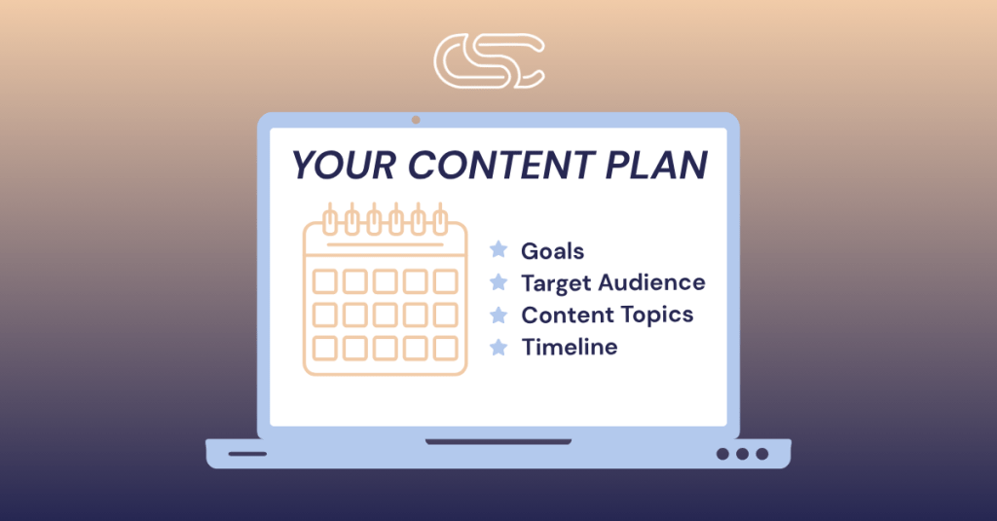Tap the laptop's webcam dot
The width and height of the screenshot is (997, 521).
[416, 120]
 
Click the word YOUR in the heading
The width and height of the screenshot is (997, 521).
[344, 166]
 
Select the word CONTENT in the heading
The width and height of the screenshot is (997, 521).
[501, 166]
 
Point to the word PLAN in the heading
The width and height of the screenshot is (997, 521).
[656, 166]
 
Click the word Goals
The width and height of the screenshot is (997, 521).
[553, 251]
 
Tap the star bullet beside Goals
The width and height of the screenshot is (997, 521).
[498, 249]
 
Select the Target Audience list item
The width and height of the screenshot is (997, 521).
[613, 283]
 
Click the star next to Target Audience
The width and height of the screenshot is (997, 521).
[498, 281]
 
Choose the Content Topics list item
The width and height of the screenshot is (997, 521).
[608, 315]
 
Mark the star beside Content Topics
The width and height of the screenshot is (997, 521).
[498, 315]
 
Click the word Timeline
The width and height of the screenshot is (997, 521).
[570, 348]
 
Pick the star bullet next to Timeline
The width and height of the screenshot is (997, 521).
[498, 347]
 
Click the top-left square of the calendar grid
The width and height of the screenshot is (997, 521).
[325, 281]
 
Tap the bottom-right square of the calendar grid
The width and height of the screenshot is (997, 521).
[445, 349]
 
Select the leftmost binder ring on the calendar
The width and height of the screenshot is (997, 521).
[331, 219]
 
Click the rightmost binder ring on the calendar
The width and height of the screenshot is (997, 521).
[440, 219]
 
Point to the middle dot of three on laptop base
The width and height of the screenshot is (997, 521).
[742, 454]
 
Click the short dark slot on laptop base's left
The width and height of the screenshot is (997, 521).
[247, 454]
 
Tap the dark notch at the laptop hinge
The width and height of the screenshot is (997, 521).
[498, 441]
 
